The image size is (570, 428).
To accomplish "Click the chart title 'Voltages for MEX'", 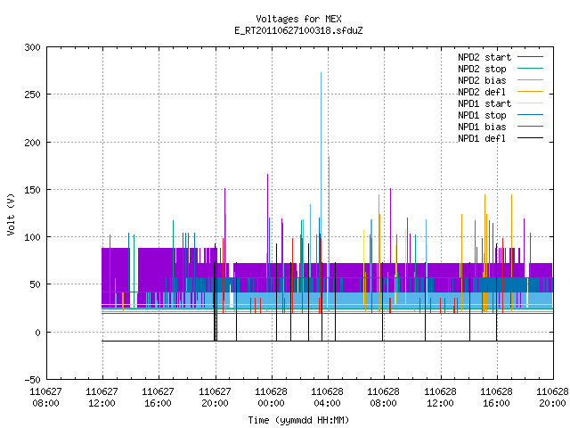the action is [x=298, y=19].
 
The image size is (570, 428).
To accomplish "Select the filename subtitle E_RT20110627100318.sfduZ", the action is [x=298, y=30].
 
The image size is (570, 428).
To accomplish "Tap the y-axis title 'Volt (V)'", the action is [x=11, y=214].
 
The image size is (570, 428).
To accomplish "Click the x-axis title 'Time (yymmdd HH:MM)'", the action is [x=298, y=420].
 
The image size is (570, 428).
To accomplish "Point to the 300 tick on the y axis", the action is [x=32, y=47].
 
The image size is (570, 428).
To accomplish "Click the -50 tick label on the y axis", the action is [x=32, y=380].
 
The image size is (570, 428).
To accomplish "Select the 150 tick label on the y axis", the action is [x=32, y=190].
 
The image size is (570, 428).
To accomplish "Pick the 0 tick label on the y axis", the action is [x=37, y=333].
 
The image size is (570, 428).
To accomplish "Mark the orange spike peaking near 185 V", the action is [x=329, y=218].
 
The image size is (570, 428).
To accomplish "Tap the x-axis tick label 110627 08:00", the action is [x=45, y=398].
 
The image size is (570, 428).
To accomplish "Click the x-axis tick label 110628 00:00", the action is [x=271, y=398].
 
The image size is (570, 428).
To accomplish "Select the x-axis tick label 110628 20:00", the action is [x=552, y=398].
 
